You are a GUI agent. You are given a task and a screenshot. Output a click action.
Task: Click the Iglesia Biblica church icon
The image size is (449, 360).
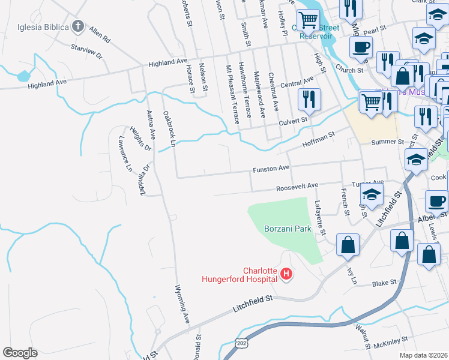[x=77, y=26]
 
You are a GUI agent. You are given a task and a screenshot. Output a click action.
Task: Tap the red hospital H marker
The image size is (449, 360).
[x=286, y=274]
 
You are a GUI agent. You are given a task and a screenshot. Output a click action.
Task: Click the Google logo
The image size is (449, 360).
[x=20, y=353]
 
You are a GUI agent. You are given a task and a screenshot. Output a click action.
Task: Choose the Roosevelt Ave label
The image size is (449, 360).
[x=297, y=187]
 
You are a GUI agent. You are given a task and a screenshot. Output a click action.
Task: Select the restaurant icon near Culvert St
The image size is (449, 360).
[x=309, y=99]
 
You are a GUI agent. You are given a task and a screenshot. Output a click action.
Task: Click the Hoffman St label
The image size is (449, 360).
[x=319, y=140]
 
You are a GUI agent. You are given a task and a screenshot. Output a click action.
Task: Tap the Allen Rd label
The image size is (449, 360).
[x=100, y=35]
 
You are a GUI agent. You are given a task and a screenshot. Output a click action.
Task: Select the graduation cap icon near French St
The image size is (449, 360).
[x=372, y=196]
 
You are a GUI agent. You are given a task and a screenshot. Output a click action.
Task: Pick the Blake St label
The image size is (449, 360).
[x=384, y=283]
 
